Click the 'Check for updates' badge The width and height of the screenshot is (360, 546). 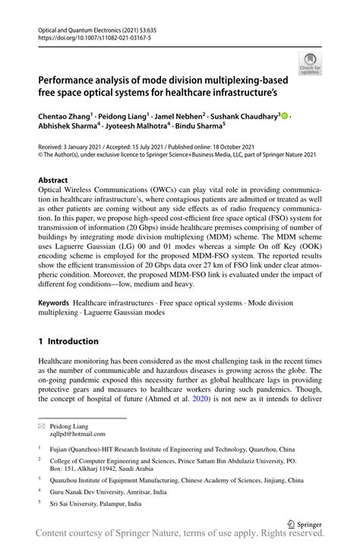310,63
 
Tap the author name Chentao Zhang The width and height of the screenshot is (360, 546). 65,116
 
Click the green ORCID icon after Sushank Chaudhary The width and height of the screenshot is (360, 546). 286,116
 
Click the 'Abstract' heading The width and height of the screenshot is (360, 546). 52,181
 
